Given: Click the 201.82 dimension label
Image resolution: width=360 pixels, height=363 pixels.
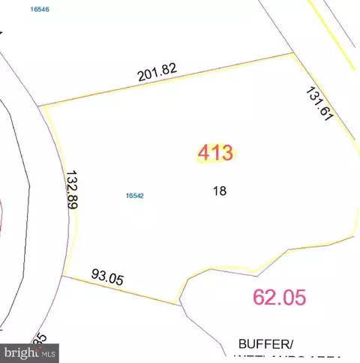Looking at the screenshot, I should point(157,72).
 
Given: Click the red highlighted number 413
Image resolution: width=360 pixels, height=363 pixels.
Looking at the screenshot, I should point(216,153).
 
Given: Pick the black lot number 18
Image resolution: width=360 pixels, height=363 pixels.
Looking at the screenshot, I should point(220,190).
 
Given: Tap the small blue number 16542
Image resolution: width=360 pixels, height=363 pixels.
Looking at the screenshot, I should point(134,196).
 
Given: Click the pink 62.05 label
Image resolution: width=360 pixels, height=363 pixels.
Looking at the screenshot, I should point(280,297).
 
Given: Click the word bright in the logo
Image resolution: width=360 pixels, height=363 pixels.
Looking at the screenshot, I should point(25,349).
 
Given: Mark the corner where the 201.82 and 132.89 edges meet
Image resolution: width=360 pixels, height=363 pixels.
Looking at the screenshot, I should point(39,106).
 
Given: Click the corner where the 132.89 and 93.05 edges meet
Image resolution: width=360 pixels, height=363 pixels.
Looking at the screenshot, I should point(62,275).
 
